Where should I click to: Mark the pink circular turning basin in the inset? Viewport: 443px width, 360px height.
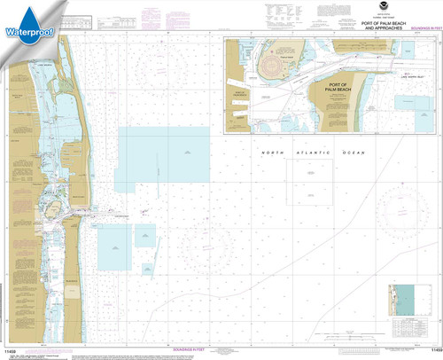click(x=276, y=65)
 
